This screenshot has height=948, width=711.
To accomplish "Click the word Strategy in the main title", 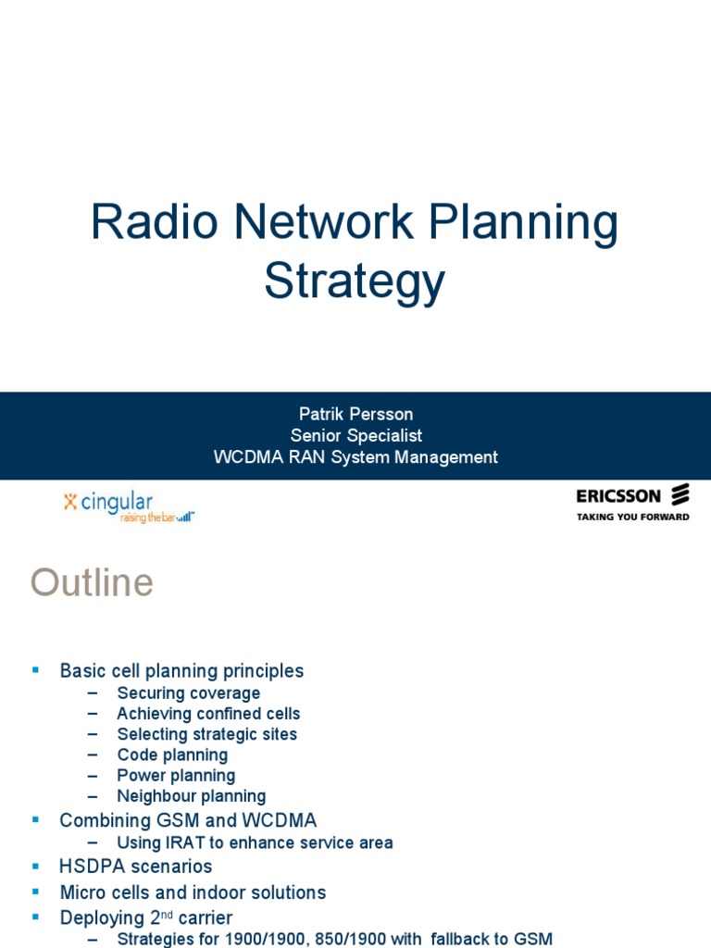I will coord(355,281).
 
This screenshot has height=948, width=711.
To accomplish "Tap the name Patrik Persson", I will coord(355,413).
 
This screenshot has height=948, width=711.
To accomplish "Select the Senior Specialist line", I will coord(355,435).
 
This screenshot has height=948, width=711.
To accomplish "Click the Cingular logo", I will coord(129,505).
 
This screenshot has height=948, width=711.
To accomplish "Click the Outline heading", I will coord(92,583).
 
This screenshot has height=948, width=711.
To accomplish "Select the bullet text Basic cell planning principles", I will coord(181,670).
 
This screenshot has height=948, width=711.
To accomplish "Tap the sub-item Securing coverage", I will coord(188,693).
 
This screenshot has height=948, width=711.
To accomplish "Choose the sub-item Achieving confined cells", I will coord(208,714).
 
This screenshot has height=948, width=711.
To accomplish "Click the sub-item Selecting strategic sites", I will coord(206,734).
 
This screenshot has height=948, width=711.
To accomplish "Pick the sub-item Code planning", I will coord(172,755).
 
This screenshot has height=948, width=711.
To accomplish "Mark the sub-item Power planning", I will coord(176,775).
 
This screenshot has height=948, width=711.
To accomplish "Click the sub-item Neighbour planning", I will coord(191,795).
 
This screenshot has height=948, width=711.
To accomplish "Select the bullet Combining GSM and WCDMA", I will coord(188,820).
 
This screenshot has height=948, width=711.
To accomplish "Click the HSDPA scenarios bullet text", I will coord(136,867).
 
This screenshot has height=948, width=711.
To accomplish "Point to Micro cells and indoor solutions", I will coord(193,892).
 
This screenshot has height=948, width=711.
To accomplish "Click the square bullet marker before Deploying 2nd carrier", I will coord(35,917).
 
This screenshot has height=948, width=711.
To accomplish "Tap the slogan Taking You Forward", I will coord(632,517).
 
